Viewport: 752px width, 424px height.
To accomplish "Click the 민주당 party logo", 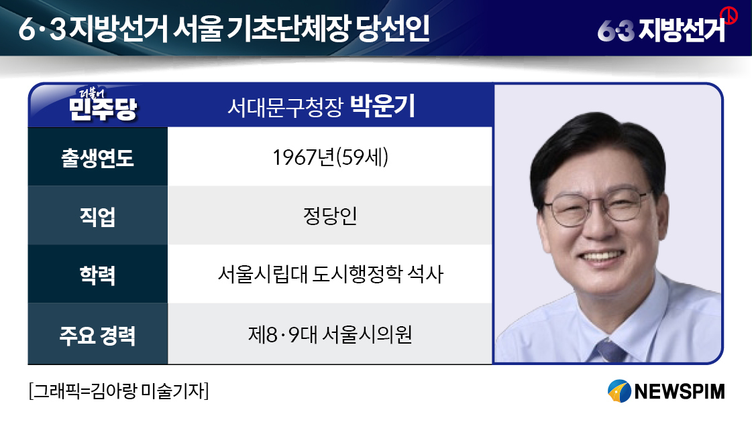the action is click(103, 105).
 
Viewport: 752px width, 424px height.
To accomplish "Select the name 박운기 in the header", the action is click(382, 107).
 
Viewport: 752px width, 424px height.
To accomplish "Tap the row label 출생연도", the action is click(97, 157).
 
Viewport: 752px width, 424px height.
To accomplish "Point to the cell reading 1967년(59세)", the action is click(331, 157).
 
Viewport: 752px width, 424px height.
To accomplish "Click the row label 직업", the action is click(97, 216).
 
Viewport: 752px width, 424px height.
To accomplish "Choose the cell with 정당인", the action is click(331, 216).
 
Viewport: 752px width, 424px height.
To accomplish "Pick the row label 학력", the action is click(97, 275).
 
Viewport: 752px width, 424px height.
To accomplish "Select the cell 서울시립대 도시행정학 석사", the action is click(331, 274).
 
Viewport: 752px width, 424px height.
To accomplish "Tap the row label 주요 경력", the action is click(97, 335).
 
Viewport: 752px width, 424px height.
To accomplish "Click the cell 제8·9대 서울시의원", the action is click(331, 334).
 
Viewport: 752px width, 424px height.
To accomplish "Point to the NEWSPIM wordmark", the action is click(679, 391).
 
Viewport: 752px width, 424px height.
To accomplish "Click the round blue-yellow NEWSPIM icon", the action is click(619, 391).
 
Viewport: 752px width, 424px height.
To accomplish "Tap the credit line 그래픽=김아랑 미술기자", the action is click(119, 391).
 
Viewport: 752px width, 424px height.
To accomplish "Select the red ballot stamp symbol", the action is click(729, 15).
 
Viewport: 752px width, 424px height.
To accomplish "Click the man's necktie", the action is click(610, 351).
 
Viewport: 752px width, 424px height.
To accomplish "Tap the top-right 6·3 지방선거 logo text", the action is click(661, 30).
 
